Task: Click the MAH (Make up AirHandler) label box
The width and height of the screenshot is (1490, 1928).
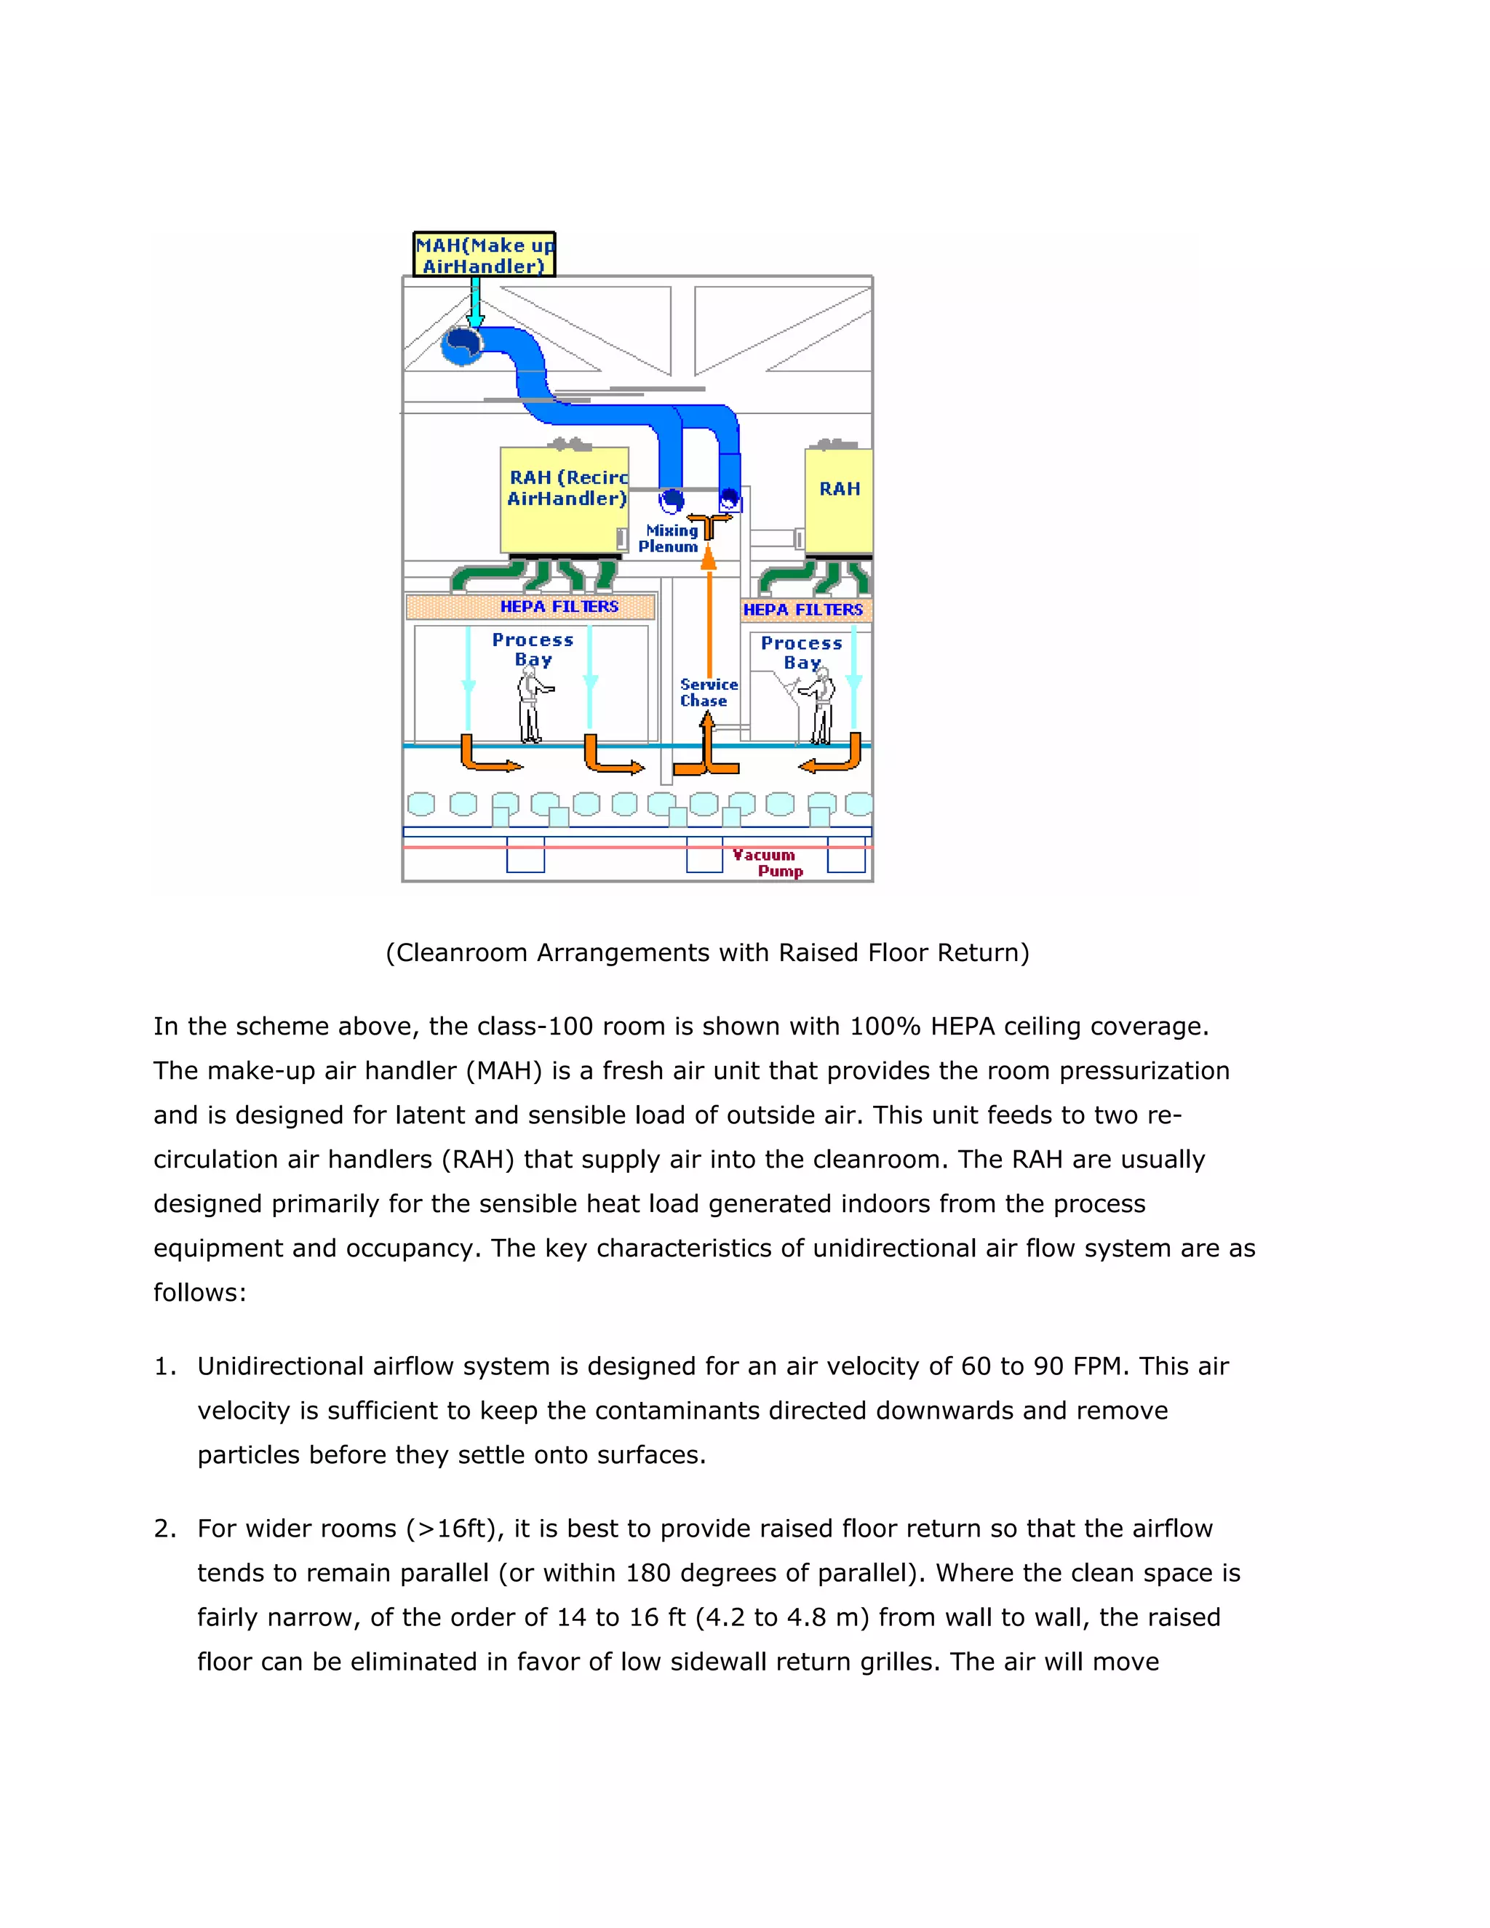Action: click(485, 255)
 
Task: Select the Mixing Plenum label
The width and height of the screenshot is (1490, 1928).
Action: click(669, 538)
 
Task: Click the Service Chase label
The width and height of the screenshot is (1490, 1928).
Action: click(708, 692)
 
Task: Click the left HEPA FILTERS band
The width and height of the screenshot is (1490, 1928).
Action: click(531, 607)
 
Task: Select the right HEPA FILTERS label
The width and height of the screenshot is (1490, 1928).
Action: click(802, 609)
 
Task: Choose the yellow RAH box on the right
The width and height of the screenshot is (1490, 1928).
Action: click(839, 501)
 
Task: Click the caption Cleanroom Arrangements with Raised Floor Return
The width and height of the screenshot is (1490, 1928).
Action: click(707, 952)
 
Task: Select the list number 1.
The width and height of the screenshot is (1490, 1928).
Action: click(164, 1366)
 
